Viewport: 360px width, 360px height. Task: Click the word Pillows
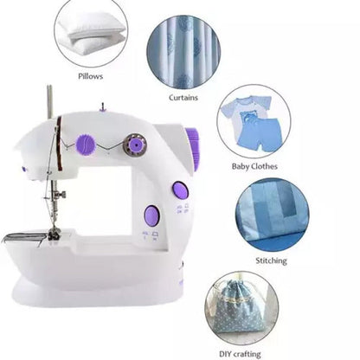click(90, 76)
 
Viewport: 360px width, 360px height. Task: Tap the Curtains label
click(183, 98)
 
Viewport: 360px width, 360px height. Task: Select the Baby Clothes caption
click(254, 166)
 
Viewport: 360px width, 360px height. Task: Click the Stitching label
click(271, 260)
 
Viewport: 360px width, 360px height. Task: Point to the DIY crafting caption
click(240, 354)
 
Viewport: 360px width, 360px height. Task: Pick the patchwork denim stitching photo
click(272, 216)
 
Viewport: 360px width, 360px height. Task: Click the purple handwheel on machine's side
click(194, 149)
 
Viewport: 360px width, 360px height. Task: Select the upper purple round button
click(181, 190)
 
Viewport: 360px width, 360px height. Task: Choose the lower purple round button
click(152, 215)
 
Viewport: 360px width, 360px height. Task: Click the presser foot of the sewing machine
click(55, 234)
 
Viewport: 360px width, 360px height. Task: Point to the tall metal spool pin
click(49, 101)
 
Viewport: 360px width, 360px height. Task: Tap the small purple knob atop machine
click(102, 107)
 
